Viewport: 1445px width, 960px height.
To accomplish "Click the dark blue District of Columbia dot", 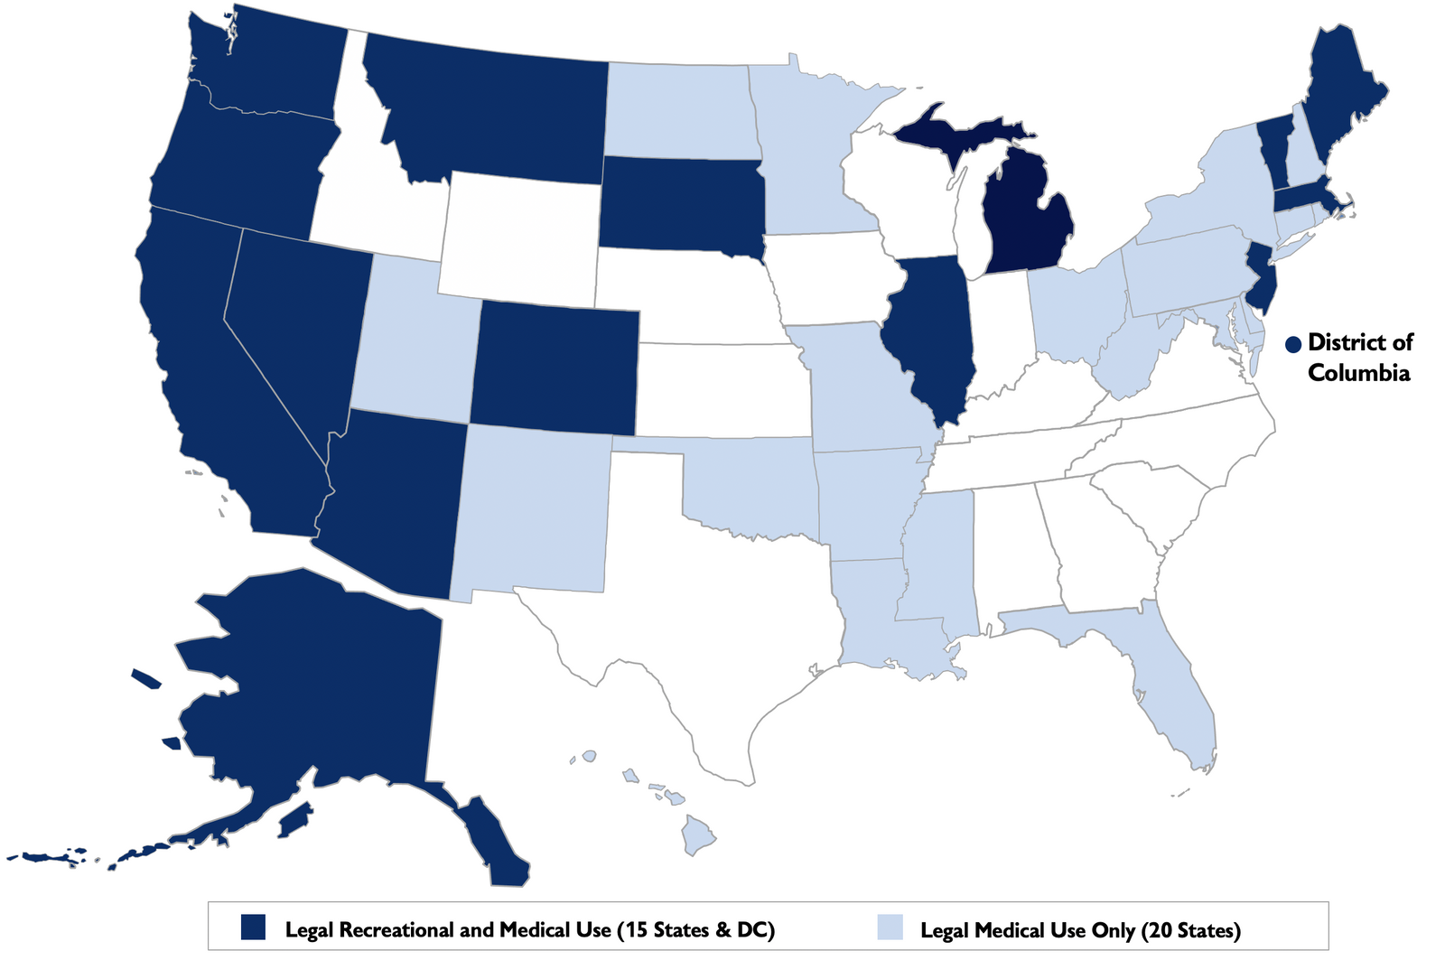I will tap(1293, 344).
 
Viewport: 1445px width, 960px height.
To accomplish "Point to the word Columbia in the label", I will tap(1358, 373).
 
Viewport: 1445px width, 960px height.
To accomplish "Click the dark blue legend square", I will tap(254, 927).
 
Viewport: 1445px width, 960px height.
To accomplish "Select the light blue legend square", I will tap(890, 927).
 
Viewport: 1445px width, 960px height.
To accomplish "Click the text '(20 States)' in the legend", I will tap(1190, 930).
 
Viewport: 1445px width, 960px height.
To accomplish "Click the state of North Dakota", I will tap(677, 108).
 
